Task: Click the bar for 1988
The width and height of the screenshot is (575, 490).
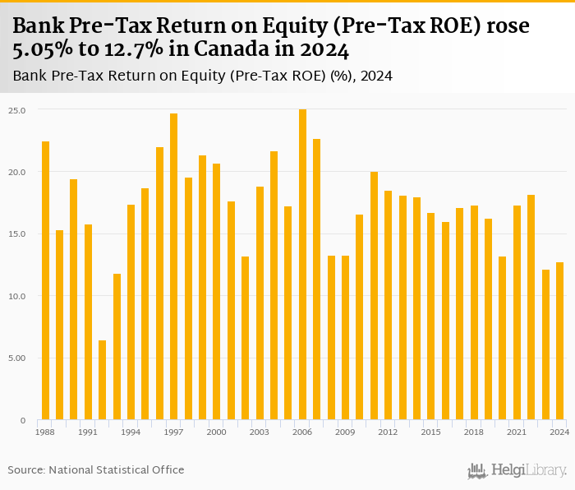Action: pos(45,280)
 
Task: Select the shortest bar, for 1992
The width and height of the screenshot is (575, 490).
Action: pos(103,380)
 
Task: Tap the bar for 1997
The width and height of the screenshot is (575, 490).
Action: pos(174,266)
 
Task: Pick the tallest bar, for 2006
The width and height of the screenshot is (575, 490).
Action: pos(302,264)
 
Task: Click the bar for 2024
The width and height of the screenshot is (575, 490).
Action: pos(559,341)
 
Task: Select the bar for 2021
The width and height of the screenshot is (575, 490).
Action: pos(517,312)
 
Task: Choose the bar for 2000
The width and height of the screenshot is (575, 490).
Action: pos(217,292)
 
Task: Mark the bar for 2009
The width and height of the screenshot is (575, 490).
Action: pos(345,338)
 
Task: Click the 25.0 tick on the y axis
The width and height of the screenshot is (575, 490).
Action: pos(17,110)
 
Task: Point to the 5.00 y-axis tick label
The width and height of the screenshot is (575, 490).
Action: pos(17,358)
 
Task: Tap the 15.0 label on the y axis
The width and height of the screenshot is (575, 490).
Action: pos(17,234)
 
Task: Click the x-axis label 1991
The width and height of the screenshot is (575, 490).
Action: pos(88,432)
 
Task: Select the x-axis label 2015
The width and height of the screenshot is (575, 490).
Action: pos(430,432)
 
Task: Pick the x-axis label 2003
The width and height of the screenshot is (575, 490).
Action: pos(260,432)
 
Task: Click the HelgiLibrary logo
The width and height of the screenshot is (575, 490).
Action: pos(517,470)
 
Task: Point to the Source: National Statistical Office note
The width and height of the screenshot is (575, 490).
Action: pos(96,470)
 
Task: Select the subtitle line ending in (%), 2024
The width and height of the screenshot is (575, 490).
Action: pos(202,76)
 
